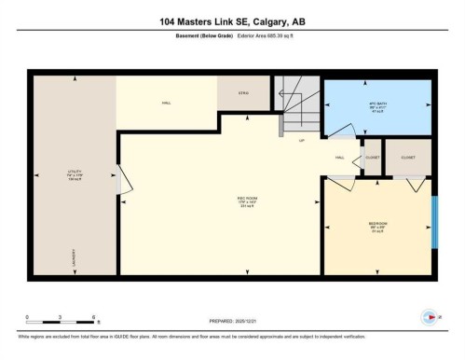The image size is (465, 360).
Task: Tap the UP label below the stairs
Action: (301, 141)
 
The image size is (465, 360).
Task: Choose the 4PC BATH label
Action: (376, 104)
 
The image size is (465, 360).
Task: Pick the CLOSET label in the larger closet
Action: (406, 158)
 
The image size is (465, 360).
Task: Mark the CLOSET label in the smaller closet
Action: (372, 158)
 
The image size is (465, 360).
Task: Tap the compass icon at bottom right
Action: (430, 317)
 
